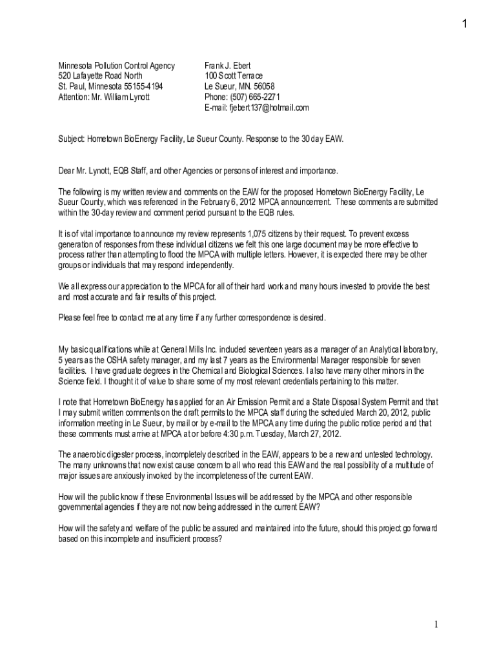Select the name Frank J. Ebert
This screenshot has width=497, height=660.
(x=228, y=66)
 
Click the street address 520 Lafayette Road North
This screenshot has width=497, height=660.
(x=101, y=76)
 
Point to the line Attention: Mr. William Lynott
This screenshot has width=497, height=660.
(x=104, y=97)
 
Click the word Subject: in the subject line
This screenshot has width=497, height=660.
(x=72, y=139)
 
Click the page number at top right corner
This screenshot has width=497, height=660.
(x=464, y=24)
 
